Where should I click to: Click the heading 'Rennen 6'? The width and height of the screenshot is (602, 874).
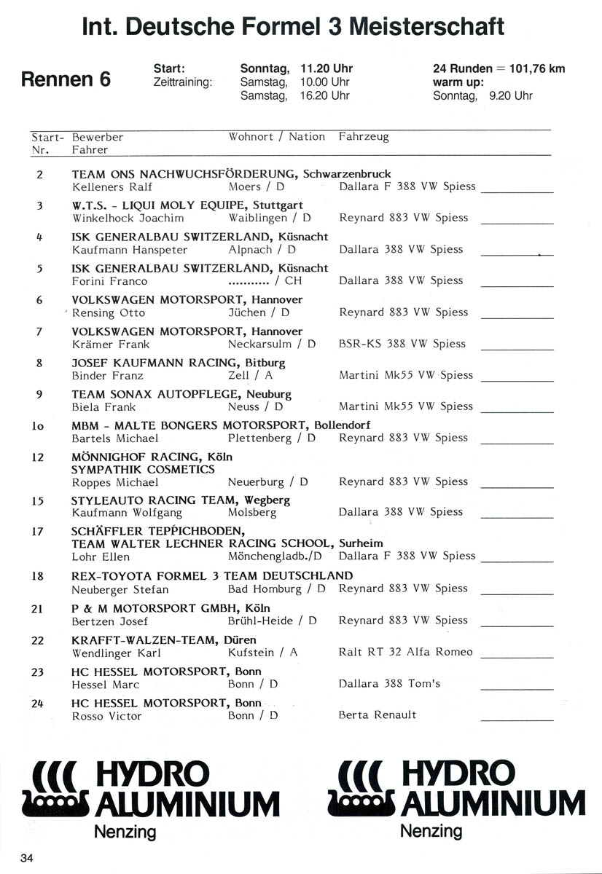tap(66, 79)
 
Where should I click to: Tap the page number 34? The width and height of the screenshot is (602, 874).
tap(27, 857)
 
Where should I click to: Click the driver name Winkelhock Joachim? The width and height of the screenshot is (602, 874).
tap(128, 218)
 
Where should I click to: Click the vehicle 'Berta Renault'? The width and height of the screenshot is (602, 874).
tap(377, 715)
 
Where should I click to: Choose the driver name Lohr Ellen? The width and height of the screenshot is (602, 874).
tap(101, 556)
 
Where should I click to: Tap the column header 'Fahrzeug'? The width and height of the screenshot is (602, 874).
tap(364, 137)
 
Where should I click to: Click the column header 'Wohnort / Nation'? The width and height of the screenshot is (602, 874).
tap(276, 137)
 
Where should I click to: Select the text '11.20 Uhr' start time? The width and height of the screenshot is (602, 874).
tap(326, 69)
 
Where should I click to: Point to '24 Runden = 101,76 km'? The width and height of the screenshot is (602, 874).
tap(499, 69)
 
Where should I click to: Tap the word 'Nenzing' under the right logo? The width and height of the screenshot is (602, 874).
tap(431, 831)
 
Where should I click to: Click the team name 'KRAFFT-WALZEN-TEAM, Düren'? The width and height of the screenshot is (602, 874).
tap(154, 640)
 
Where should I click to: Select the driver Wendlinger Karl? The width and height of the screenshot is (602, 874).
tap(117, 653)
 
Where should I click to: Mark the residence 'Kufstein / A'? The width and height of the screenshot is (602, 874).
tap(262, 653)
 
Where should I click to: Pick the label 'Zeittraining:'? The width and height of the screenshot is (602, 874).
tap(182, 83)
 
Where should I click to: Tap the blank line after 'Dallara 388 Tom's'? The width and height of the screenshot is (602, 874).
tap(517, 688)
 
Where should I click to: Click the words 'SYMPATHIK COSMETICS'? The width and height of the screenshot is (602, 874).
tap(143, 470)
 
